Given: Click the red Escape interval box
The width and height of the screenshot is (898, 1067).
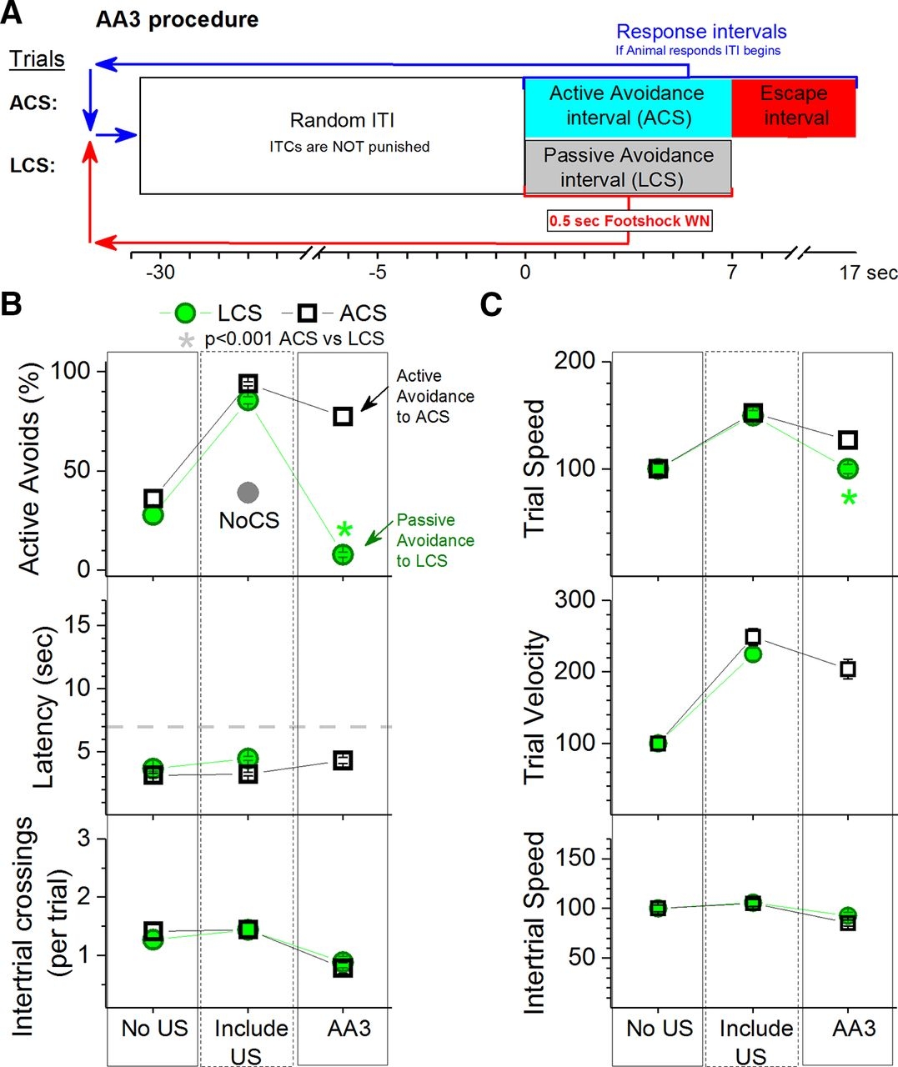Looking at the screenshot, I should [794, 108].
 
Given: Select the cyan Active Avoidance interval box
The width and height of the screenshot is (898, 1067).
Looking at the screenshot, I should [627, 108].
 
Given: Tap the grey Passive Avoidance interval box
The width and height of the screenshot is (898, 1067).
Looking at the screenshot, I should [628, 167].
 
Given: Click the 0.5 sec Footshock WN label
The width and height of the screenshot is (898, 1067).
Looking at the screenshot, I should [629, 221].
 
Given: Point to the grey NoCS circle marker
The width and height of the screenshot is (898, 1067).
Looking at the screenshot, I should [248, 493].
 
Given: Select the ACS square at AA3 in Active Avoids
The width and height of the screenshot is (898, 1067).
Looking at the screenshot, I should [343, 416].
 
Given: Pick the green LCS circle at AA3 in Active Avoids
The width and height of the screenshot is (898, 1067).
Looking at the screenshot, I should [343, 554].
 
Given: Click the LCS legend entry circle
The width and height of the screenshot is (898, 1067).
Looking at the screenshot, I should [186, 313].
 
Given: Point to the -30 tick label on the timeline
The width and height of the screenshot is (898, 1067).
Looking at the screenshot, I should [160, 273].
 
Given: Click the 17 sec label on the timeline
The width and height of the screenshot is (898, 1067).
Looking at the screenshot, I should [867, 273].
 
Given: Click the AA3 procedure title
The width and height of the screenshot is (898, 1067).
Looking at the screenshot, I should [177, 19].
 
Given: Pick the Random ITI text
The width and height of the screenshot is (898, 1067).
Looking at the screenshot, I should [342, 121].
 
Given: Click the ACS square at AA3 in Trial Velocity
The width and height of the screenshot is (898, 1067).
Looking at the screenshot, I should [848, 669].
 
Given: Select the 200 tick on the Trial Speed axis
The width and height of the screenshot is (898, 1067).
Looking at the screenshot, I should [575, 361].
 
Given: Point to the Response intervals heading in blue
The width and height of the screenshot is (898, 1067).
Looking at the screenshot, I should [701, 32].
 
